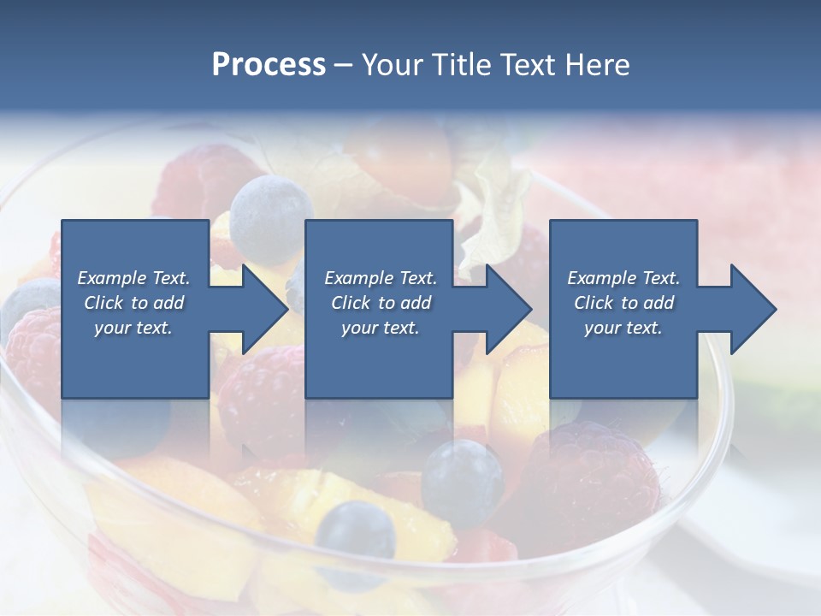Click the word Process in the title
point(269,65)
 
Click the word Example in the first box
point(112,277)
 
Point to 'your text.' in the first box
point(133,327)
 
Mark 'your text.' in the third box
point(623,327)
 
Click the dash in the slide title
point(344,65)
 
